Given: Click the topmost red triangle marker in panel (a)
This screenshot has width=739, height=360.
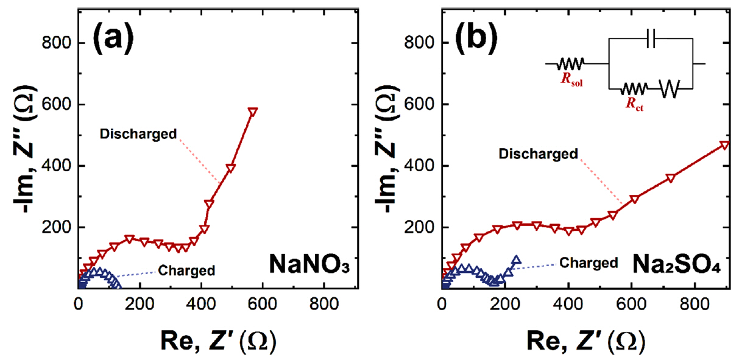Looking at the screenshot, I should [x=252, y=111].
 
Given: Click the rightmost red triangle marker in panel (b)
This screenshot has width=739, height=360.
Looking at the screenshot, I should [x=724, y=145].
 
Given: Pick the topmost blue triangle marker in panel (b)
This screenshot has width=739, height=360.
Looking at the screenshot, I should [x=516, y=260].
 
